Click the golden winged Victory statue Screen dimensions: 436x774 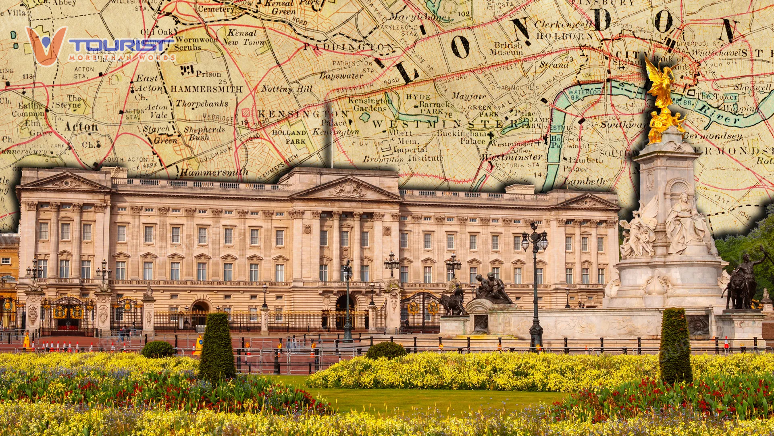[660, 83]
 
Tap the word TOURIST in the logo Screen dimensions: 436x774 [121, 44]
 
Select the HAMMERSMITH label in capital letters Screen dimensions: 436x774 [206, 89]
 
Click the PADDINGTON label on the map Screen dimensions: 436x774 [347, 47]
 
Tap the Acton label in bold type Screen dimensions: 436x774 [81, 127]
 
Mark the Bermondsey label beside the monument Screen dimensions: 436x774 [714, 136]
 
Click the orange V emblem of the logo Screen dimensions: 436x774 [46, 45]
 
